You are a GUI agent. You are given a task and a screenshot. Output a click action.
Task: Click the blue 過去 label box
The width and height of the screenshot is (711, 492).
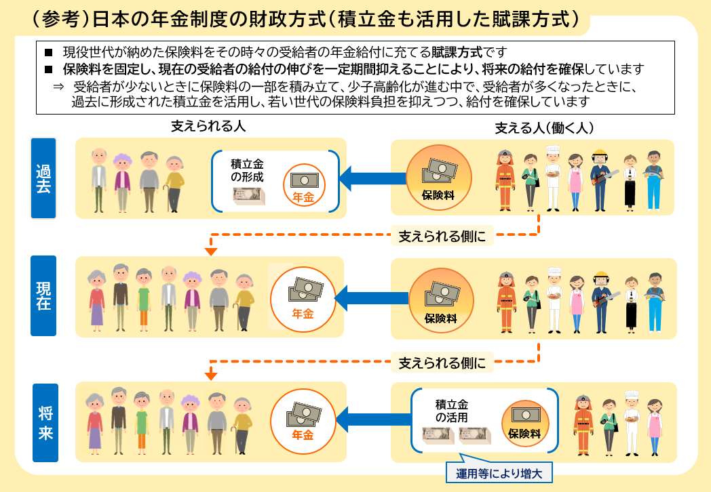[x=43, y=178]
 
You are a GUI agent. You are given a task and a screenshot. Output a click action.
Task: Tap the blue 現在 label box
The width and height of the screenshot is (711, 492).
[x=43, y=295]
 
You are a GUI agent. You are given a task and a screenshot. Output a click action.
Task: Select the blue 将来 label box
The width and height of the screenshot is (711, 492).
[x=45, y=414]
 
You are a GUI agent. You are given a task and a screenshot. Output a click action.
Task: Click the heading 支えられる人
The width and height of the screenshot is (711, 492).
[x=208, y=127]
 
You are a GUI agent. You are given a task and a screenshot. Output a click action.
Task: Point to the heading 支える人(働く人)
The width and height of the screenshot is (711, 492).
[x=545, y=127]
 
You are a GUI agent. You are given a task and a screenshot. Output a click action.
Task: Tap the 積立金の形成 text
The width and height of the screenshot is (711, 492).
[x=247, y=171]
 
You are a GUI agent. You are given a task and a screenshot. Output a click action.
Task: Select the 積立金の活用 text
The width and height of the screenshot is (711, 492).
[x=453, y=411]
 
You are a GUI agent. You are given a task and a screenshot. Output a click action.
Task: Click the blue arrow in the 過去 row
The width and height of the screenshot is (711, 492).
[x=367, y=179]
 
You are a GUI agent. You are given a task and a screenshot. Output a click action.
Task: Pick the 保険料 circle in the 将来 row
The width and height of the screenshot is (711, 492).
[x=524, y=420]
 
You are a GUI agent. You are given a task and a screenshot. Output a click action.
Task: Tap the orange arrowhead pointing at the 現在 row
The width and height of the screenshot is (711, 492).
[x=211, y=252]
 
